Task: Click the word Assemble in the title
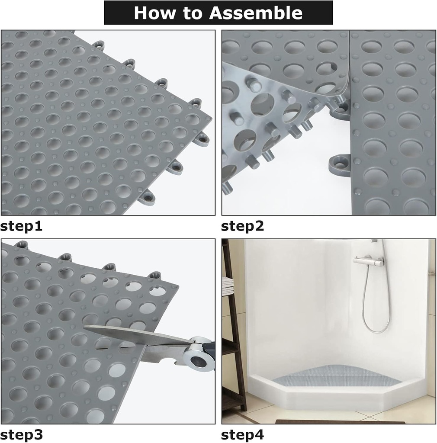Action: tap(256, 13)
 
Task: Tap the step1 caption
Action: tap(21, 226)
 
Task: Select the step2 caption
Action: tap(242, 226)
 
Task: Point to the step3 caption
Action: tap(21, 434)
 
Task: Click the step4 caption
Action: tap(242, 434)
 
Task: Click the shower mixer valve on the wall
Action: tap(368, 261)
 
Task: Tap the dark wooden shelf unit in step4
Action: tap(234, 346)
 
